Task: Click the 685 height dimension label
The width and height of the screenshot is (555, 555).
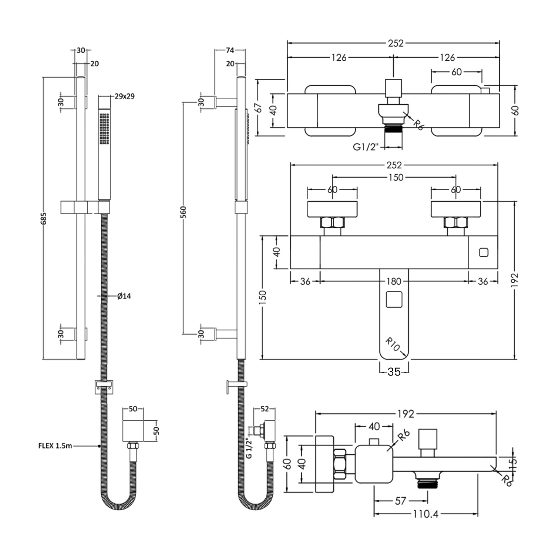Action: pyautogui.click(x=44, y=218)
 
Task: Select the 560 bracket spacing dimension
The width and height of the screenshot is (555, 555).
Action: pyautogui.click(x=184, y=212)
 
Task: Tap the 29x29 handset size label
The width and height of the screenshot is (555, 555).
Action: pyautogui.click(x=125, y=96)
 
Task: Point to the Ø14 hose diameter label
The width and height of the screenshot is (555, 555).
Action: pyautogui.click(x=124, y=296)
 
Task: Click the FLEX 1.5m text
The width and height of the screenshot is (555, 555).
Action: pyautogui.click(x=55, y=446)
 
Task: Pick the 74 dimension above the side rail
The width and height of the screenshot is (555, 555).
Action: pyautogui.click(x=230, y=50)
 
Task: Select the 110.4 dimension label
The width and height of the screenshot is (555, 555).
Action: pyautogui.click(x=426, y=514)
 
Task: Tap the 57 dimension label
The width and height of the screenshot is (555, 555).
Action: pyautogui.click(x=401, y=501)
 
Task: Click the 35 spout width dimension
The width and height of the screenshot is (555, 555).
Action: pyautogui.click(x=394, y=371)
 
